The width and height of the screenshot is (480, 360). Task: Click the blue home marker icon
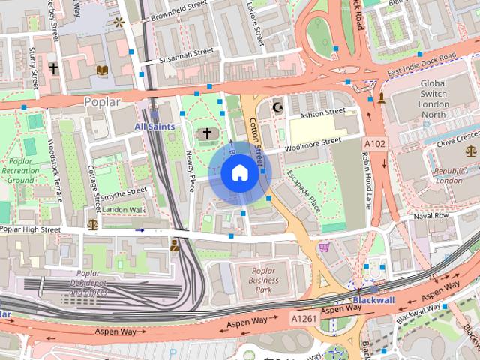(239, 173)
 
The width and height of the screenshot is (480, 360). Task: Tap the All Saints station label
(154, 127)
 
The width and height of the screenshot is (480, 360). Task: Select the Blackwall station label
(373, 300)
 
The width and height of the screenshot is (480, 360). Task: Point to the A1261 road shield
(304, 319)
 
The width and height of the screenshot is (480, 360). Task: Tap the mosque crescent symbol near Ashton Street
(279, 107)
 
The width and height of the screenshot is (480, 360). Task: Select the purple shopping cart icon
(324, 247)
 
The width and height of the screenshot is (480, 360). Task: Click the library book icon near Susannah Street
(102, 70)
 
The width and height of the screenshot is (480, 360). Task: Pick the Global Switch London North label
(433, 99)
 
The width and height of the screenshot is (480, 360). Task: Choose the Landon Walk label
(124, 209)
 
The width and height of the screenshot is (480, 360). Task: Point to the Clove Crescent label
(455, 139)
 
